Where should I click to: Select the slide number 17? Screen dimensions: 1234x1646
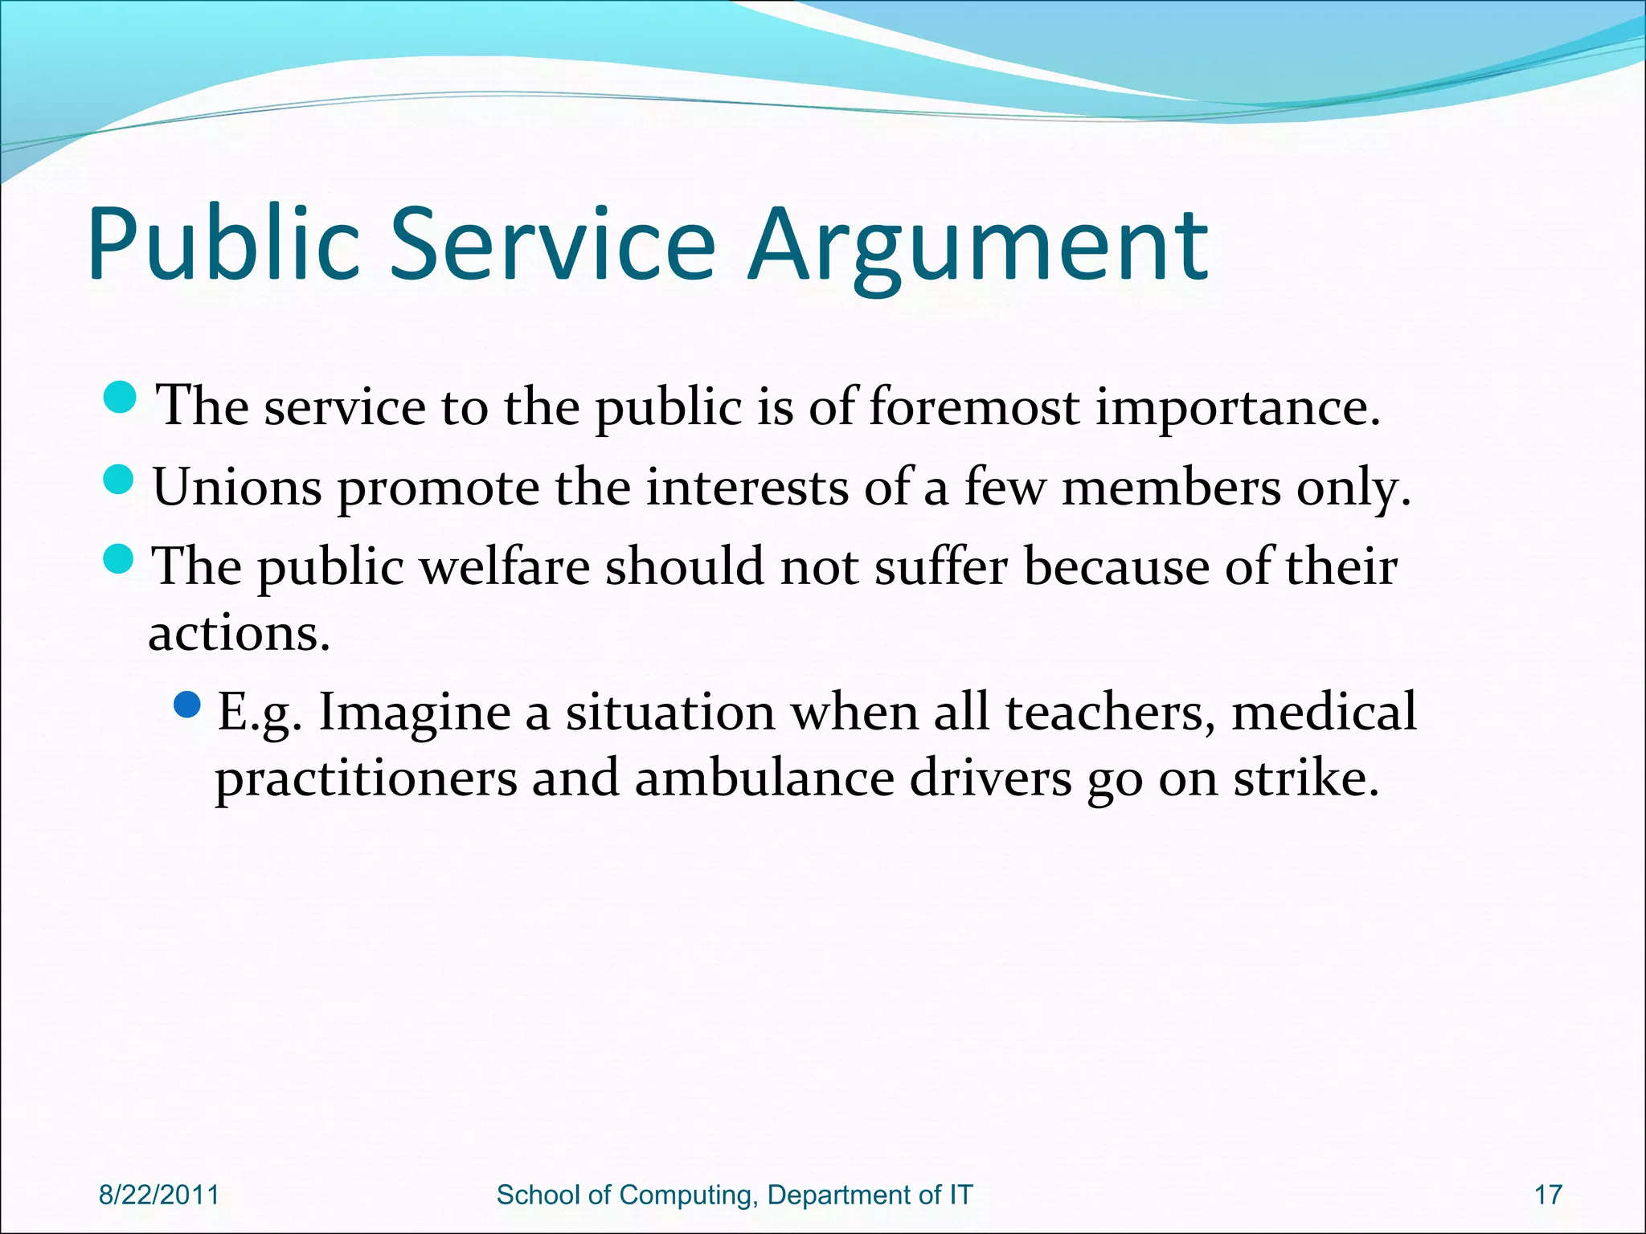point(1548,1195)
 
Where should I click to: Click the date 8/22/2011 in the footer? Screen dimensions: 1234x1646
point(159,1195)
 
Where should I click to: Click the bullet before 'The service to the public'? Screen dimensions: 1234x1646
point(121,398)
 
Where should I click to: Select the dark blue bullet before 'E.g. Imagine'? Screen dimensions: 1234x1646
point(187,705)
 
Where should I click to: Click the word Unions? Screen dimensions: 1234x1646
point(237,487)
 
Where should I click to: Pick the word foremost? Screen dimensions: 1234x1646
point(974,406)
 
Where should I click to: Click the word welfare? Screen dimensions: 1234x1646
point(506,566)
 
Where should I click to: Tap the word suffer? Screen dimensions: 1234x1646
point(941,566)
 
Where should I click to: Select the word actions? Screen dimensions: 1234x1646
point(239,634)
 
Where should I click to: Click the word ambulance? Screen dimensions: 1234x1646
point(764,778)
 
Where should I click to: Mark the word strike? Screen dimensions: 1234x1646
point(1306,778)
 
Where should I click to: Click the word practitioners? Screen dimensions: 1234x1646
point(366,780)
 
